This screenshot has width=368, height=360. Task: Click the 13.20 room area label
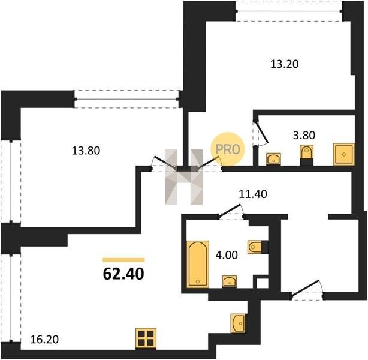coord(285,64)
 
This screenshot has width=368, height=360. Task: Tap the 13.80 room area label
coord(86,151)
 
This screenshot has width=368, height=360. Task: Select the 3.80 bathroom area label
coord(304,135)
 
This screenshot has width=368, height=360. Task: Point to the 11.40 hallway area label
coord(253,194)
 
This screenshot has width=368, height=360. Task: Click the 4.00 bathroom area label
coord(227,255)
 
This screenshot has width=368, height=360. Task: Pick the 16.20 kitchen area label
coord(44,340)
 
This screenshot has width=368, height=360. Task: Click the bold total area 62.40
coord(123,274)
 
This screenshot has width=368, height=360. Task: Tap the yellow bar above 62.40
coord(123,260)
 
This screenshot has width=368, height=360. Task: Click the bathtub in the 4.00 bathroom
coord(198,264)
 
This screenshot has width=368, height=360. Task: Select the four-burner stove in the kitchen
coord(146,338)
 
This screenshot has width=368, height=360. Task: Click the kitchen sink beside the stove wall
coord(238,323)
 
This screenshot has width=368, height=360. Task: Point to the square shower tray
coord(344,154)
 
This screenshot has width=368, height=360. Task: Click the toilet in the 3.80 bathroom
coord(307,155)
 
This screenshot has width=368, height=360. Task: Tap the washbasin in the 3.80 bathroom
coord(273,159)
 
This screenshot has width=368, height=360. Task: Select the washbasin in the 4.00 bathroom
coord(230,281)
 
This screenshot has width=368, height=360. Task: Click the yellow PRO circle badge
coord(227,149)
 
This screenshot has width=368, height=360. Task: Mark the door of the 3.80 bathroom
coord(261,133)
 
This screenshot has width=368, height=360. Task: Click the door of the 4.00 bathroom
coord(231,212)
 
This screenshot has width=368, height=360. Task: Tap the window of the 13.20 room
coord(289,11)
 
